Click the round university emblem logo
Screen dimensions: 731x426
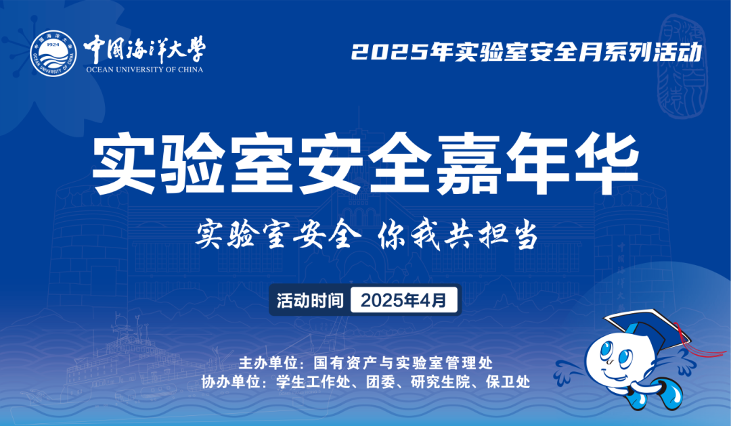click(53, 53)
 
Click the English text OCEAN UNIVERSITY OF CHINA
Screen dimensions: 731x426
click(145, 70)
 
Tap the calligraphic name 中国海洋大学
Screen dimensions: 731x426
click(145, 49)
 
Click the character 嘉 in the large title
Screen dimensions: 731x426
click(468, 163)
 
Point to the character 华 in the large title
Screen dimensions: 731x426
click(606, 163)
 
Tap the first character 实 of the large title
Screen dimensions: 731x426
click(124, 163)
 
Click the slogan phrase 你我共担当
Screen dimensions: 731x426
click(458, 235)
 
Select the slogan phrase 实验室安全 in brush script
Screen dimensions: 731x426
click(278, 235)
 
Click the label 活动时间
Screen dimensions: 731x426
click(310, 301)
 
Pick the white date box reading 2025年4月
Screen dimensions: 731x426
click(403, 300)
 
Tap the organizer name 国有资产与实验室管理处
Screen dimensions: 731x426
click(403, 362)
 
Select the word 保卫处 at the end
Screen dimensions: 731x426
click(508, 382)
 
